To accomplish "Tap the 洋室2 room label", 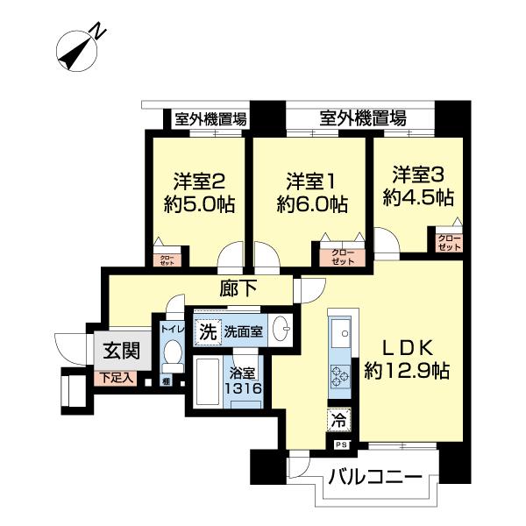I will click(x=200, y=182).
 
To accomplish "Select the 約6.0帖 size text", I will click(x=312, y=205).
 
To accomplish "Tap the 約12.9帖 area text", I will click(x=407, y=371).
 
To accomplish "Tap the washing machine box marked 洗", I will click(x=207, y=332).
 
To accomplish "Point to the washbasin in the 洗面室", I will click(x=282, y=331).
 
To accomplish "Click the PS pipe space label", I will click(x=339, y=444).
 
